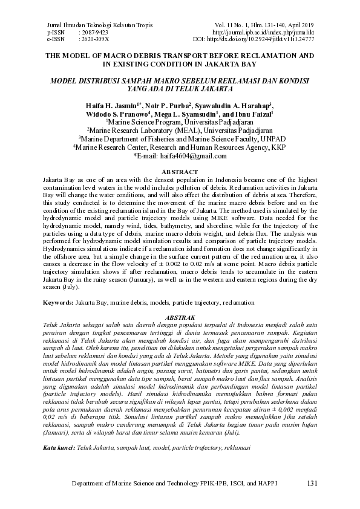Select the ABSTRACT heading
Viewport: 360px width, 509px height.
tap(180, 172)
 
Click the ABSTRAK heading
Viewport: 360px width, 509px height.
tap(180, 317)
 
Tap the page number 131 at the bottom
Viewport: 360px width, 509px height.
tap(312, 484)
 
